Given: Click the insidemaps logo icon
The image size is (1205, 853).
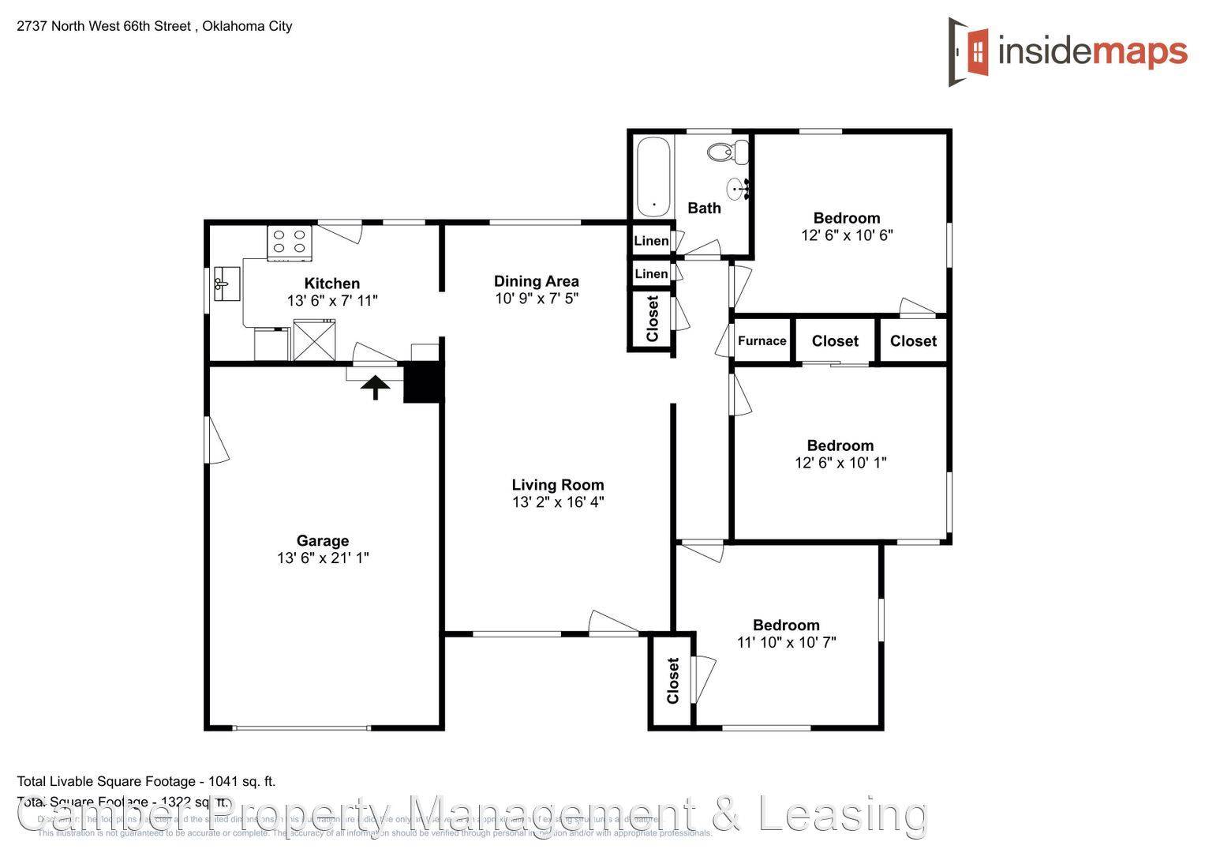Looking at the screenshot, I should click(x=970, y=52).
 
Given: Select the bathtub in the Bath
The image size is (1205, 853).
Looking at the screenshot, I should click(x=653, y=176).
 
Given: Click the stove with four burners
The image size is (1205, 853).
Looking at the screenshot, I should click(x=290, y=242).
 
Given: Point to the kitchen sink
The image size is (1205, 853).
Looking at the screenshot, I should click(x=226, y=284).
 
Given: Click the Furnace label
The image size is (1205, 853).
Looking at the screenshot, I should click(x=762, y=341).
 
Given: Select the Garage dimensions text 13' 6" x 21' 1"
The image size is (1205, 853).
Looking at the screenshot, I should click(x=323, y=558).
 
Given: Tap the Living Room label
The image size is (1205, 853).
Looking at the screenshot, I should click(x=557, y=485).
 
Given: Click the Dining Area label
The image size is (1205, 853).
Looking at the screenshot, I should click(x=536, y=281).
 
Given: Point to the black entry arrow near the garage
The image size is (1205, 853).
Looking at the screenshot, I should click(x=376, y=386).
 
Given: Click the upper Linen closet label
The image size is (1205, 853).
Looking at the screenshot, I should click(x=651, y=241).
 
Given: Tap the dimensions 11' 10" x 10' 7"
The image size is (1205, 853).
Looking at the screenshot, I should click(x=786, y=642).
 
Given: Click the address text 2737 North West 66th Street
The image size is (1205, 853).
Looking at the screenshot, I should click(x=103, y=26).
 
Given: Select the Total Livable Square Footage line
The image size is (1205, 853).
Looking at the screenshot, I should click(x=146, y=781).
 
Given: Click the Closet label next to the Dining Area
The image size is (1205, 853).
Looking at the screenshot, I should click(x=653, y=319).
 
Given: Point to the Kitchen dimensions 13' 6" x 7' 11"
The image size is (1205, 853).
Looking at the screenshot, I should click(x=332, y=301).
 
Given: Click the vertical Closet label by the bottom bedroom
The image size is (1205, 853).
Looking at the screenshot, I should click(x=672, y=681).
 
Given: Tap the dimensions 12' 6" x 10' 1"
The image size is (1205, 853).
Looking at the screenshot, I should click(x=840, y=463).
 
